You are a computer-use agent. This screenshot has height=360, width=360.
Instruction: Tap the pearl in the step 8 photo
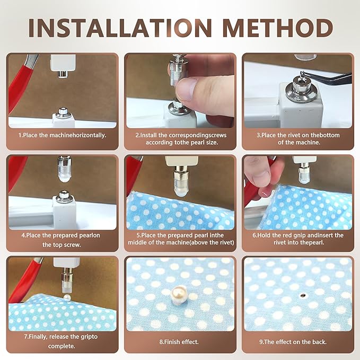coord(179,291)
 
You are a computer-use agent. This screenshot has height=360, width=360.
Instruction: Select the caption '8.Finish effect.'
coord(180,342)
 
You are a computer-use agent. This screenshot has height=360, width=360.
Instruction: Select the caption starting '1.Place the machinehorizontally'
coord(63,135)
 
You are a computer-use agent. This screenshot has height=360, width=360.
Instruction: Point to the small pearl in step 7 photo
coord(67,300)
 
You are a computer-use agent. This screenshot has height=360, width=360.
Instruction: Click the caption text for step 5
coord(180,239)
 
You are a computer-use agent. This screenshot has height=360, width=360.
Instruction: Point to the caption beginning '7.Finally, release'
coord(63,341)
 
